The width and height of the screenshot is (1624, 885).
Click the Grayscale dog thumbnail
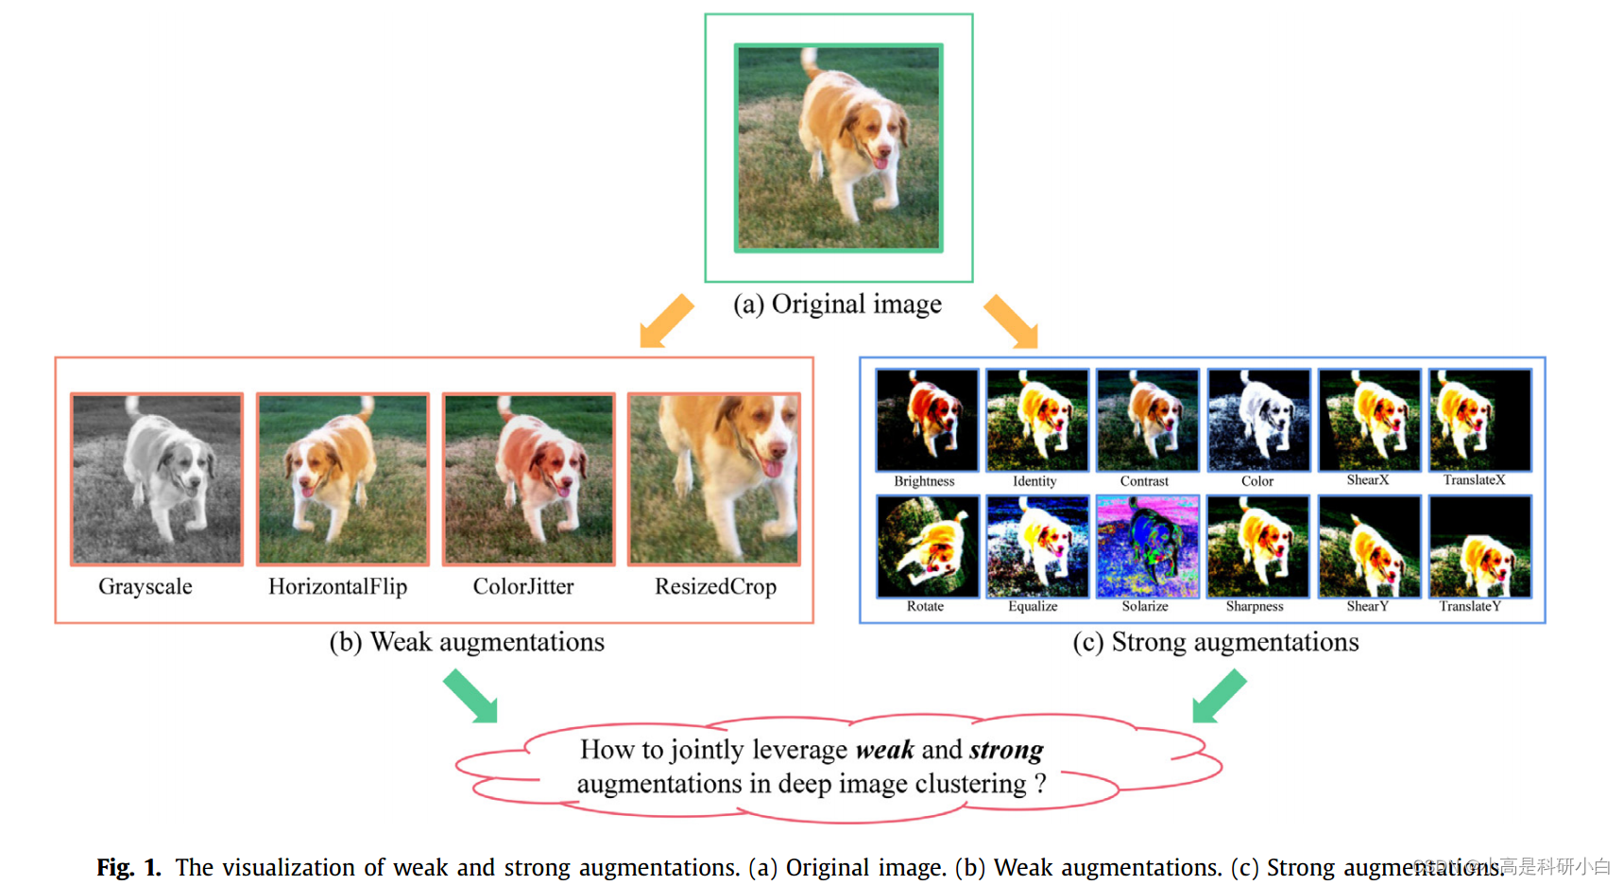pyautogui.click(x=157, y=479)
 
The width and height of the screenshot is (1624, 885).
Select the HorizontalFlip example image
pyautogui.click(x=343, y=479)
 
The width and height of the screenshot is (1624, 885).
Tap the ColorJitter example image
pyautogui.click(x=529, y=479)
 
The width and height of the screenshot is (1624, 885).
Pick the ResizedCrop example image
pyautogui.click(x=714, y=479)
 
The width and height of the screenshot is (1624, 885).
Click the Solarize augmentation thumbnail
pyautogui.click(x=1147, y=547)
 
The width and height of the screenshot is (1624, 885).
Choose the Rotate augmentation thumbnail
pyautogui.click(x=927, y=547)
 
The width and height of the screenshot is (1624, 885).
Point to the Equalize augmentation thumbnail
pyautogui.click(x=1036, y=547)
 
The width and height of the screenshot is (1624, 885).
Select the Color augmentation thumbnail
pyautogui.click(x=1258, y=420)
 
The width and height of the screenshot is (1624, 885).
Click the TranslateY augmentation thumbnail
pyautogui.click(x=1479, y=547)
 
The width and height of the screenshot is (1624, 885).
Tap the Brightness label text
pyautogui.click(x=924, y=481)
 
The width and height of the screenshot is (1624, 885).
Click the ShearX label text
pyautogui.click(x=1367, y=480)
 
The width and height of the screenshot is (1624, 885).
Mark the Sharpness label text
pyautogui.click(x=1254, y=607)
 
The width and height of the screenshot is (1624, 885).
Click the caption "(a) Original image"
pyautogui.click(x=837, y=304)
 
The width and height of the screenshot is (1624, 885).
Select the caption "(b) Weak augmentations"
pyautogui.click(x=467, y=642)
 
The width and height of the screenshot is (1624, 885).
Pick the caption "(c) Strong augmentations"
pyautogui.click(x=1215, y=642)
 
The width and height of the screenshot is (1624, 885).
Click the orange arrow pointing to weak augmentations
pyautogui.click(x=666, y=321)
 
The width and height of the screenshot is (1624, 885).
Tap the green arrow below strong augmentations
pyautogui.click(x=1219, y=696)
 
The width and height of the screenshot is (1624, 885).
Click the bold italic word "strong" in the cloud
pyautogui.click(x=1006, y=750)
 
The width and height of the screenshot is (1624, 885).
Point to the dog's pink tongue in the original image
pyautogui.click(x=880, y=162)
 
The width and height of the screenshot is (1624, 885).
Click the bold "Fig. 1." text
pyautogui.click(x=128, y=867)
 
